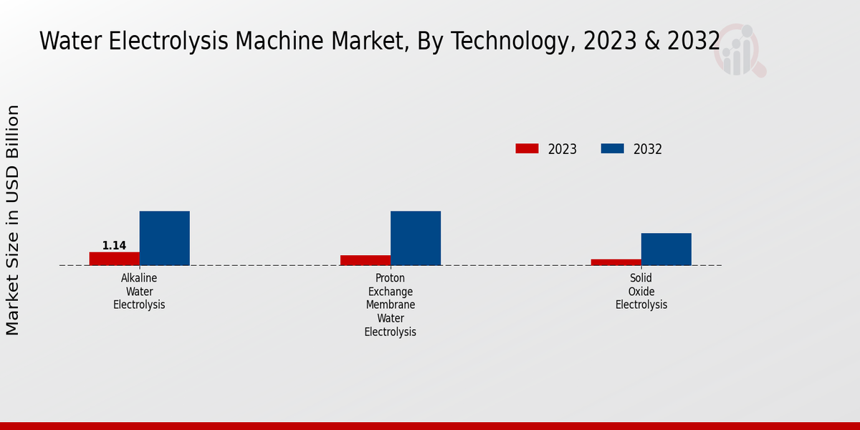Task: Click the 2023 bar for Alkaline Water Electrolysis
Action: (115, 259)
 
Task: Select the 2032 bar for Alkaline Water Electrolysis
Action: (164, 238)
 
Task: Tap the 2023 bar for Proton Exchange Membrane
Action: (365, 260)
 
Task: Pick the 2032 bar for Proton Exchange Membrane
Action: (416, 238)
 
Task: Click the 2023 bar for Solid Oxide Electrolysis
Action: (616, 262)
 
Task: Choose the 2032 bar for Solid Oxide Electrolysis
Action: (666, 249)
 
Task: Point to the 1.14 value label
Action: (114, 246)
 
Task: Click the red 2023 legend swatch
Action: (527, 148)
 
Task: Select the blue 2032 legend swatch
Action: (612, 148)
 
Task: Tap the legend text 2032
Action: (648, 149)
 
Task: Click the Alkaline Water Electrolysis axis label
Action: (139, 291)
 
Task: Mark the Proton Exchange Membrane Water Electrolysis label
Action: (391, 305)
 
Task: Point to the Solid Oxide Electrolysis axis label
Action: (641, 291)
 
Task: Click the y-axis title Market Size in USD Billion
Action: (13, 219)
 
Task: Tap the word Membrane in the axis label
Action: (391, 305)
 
